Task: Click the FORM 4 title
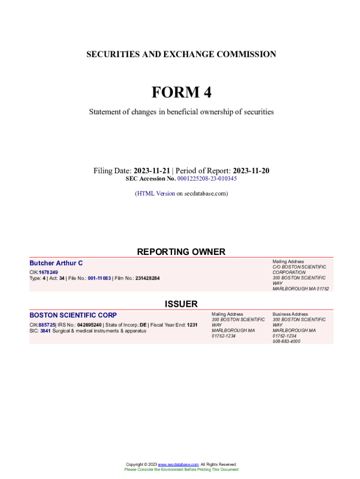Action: point(181,93)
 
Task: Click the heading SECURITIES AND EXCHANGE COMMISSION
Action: point(181,54)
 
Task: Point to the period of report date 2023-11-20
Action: point(251,171)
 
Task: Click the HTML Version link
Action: point(156,193)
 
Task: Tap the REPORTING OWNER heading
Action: point(181,252)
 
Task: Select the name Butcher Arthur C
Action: point(56,263)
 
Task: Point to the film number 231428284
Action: point(147,278)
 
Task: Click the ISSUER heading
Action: point(181,304)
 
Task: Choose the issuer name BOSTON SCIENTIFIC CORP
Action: point(73,315)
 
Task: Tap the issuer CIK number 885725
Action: point(47,325)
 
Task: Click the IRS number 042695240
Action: point(89,325)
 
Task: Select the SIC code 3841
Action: point(45,331)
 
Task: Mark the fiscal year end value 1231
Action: point(192,325)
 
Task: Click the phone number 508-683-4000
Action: point(287,341)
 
